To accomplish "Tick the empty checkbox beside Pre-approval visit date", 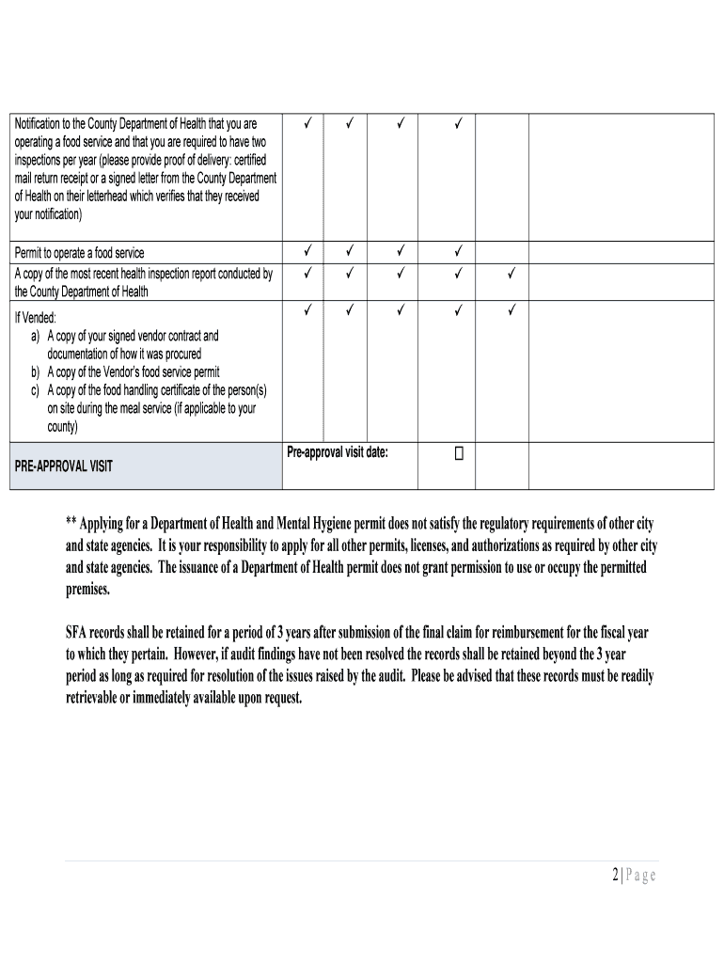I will coord(459,454).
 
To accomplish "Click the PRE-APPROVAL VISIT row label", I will coord(64,466).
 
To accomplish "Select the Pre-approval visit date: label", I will coord(338,452).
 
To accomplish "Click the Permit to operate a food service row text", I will coord(79,253).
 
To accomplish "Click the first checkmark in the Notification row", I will coord(307,123).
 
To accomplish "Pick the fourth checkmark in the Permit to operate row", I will coord(459,251).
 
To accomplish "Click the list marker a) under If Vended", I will coord(35,336).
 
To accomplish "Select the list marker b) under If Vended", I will coord(35,371).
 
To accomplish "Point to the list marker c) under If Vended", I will coord(35,390).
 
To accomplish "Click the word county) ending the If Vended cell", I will coord(63,426).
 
